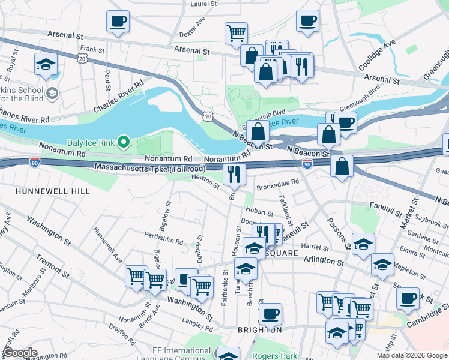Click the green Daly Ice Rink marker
tap(124, 142)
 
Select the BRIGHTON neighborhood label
tap(259, 330)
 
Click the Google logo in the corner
tap(20, 353)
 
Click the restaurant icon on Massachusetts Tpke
tap(234, 175)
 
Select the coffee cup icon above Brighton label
tap(270, 313)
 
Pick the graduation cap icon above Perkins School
tap(46, 64)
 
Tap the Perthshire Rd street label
tap(163, 239)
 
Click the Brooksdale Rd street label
tap(277, 186)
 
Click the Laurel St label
tap(203, 4)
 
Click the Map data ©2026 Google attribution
tap(411, 355)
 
